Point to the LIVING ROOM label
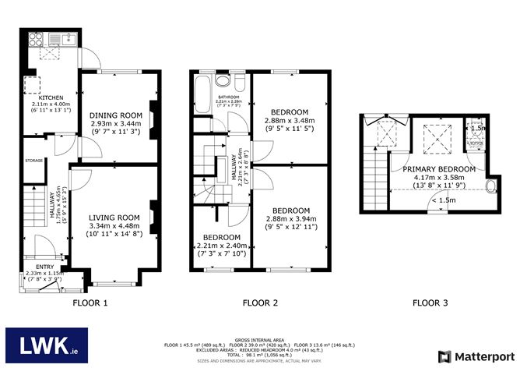[x=113, y=217]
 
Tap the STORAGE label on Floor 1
[x=33, y=161]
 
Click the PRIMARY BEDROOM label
[x=439, y=168]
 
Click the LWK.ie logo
[x=47, y=344]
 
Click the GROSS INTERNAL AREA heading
[x=259, y=338]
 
